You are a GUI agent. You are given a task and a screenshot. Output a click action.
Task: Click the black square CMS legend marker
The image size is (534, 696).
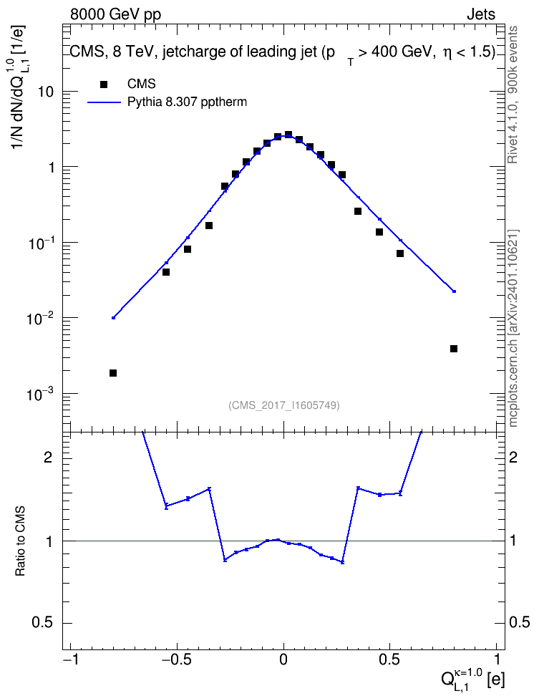[x=104, y=84]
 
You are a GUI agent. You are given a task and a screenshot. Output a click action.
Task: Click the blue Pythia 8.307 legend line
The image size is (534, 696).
[x=104, y=102]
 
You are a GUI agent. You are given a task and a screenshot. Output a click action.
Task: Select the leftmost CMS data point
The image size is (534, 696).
[x=113, y=373]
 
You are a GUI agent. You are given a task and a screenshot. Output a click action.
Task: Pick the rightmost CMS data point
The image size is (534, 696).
[x=454, y=349]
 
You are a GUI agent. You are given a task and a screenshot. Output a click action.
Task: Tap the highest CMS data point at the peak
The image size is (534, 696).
[x=288, y=135]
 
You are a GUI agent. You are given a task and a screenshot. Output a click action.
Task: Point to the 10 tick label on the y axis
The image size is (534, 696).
[x=45, y=92]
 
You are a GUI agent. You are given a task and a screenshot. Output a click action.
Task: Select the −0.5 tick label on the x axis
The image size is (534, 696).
[x=176, y=658]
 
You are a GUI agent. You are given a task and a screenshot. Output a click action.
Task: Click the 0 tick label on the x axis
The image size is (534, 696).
[x=283, y=658]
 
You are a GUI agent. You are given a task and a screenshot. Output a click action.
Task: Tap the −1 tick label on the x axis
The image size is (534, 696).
[x=71, y=658]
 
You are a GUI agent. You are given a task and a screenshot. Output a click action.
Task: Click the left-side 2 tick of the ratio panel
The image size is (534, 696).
[x=48, y=457]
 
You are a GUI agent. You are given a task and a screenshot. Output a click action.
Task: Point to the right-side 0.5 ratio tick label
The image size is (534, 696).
[x=518, y=622]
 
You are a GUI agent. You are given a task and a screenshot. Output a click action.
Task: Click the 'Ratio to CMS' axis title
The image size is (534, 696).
[x=20, y=541]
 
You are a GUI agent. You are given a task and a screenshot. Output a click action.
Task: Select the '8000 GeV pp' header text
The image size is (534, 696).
[x=115, y=14]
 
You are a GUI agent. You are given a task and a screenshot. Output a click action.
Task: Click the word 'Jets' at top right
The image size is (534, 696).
[x=481, y=14]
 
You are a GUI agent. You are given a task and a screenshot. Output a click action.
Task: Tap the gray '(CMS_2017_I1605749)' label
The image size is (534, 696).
[x=284, y=405]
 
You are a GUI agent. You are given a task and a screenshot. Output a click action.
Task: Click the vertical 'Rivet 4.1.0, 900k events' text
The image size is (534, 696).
[x=513, y=95]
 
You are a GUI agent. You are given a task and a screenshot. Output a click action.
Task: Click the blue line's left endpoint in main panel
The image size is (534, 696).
[x=113, y=318]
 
